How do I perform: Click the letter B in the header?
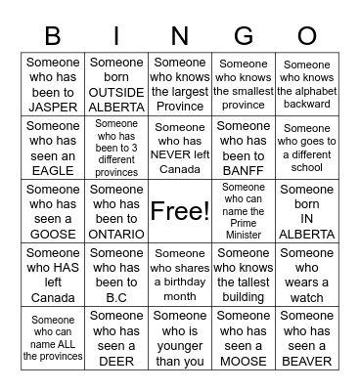pyautogui.click(x=53, y=36)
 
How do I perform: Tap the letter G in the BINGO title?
pyautogui.click(x=244, y=36)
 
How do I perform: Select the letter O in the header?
pyautogui.click(x=307, y=36)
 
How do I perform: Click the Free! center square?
pyautogui.click(x=180, y=210)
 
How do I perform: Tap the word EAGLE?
pyautogui.click(x=53, y=171)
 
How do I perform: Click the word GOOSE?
pyautogui.click(x=53, y=235)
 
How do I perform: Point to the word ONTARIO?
pyautogui.click(x=116, y=235)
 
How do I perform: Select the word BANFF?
pyautogui.click(x=244, y=171)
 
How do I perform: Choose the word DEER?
pyautogui.click(x=116, y=362)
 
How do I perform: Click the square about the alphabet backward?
pyautogui.click(x=307, y=84)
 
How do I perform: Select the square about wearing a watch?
pyautogui.click(x=307, y=275)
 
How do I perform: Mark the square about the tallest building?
pyautogui.click(x=244, y=275)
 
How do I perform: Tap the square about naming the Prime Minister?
pyautogui.click(x=244, y=210)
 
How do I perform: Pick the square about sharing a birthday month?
pyautogui.click(x=180, y=275)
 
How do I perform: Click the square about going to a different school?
pyautogui.click(x=307, y=148)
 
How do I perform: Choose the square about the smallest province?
pyautogui.click(x=244, y=84)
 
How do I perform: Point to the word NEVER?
pyautogui.click(x=180, y=155)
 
